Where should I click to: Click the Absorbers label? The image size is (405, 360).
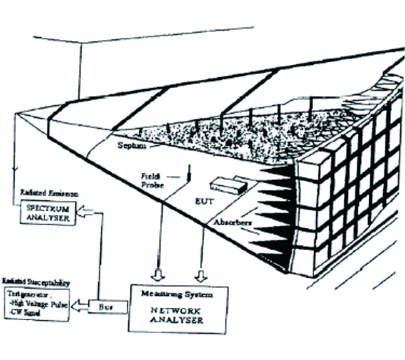[x=232, y=221]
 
